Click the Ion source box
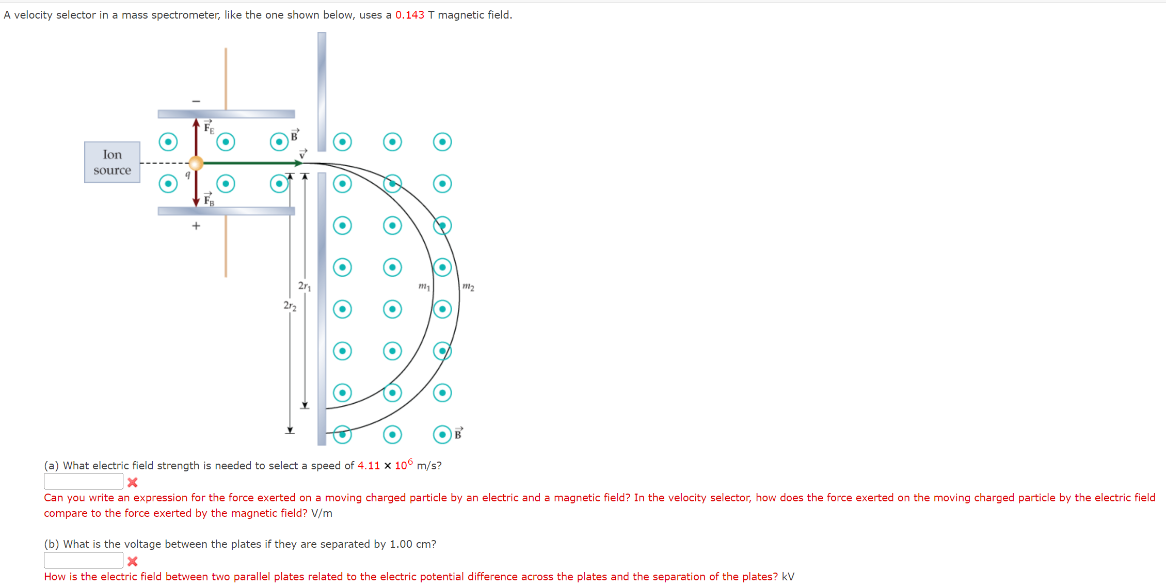[112, 162]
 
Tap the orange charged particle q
[196, 163]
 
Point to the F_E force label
[209, 127]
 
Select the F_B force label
[209, 199]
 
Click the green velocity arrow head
[298, 163]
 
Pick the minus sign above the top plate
[196, 101]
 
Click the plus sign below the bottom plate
[196, 226]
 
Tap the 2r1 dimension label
[305, 286]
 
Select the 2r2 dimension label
[290, 306]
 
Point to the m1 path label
[424, 286]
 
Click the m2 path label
[468, 286]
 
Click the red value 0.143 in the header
[409, 15]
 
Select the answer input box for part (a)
[83, 481]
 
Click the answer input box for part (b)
[83, 560]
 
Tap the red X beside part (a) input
[133, 482]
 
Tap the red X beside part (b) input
[133, 561]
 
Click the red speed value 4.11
[369, 466]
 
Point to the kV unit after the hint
[788, 577]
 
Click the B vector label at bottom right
[458, 434]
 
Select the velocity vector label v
[303, 154]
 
